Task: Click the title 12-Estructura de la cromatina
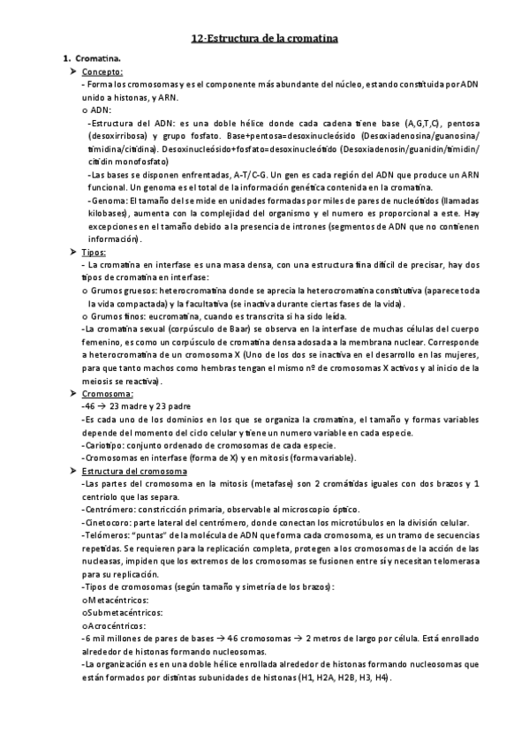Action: tap(264, 38)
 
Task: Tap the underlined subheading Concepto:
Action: tap(102, 72)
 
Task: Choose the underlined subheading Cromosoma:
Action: tap(107, 393)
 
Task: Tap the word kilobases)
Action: tap(102, 215)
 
